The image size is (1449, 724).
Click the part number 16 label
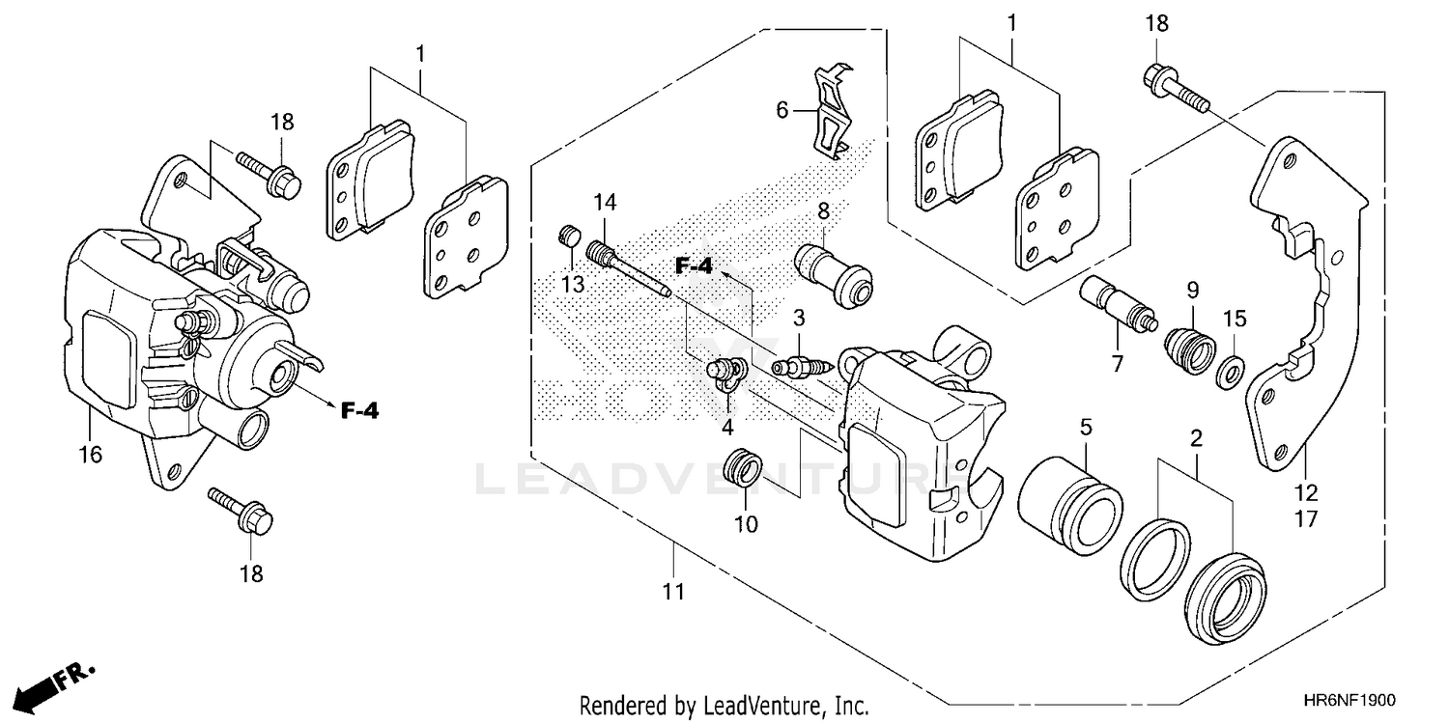point(90,455)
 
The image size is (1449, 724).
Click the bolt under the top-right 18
point(1178,91)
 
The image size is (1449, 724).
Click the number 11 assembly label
point(673,592)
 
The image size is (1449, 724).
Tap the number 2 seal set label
point(1196,438)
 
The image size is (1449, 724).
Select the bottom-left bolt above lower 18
point(241,512)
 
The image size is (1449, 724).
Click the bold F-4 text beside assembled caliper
point(358,411)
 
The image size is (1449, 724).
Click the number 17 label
point(1306,520)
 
